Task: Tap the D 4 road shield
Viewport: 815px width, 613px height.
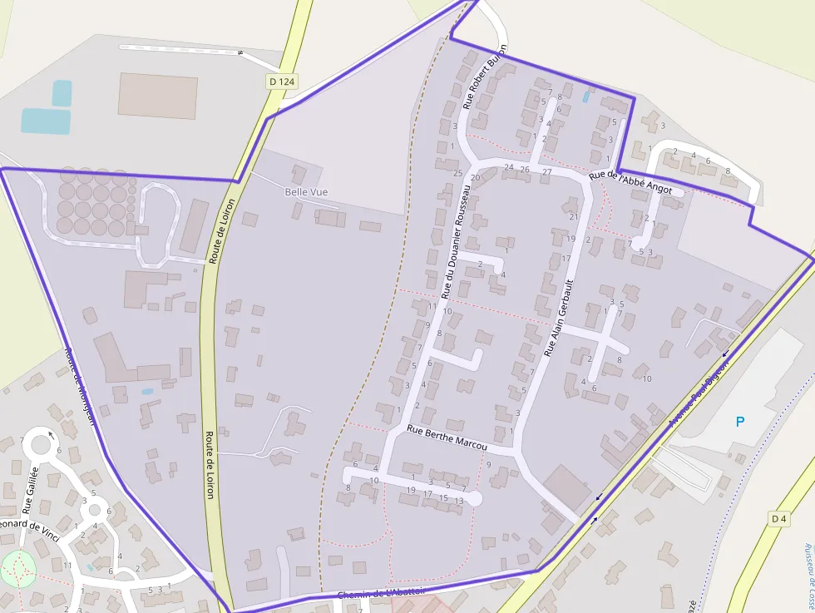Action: click(x=778, y=519)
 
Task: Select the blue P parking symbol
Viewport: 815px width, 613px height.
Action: click(x=739, y=422)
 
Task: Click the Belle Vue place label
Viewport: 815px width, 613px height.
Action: click(x=306, y=192)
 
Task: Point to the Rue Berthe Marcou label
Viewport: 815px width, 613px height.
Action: click(x=446, y=439)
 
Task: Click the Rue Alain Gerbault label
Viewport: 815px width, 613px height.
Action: click(x=559, y=319)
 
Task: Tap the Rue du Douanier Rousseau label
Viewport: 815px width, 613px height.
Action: click(x=457, y=241)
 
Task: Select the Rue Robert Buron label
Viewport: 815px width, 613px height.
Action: click(x=485, y=77)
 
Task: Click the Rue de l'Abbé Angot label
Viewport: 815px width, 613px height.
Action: click(x=630, y=183)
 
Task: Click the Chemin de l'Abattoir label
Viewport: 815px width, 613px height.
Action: click(x=381, y=593)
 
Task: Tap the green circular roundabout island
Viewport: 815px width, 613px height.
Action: click(x=18, y=568)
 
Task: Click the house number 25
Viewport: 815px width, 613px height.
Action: click(x=457, y=173)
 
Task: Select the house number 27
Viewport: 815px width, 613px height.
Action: click(x=546, y=171)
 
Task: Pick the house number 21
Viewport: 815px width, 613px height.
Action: click(x=573, y=216)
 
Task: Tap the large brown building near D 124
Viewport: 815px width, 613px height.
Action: click(x=157, y=96)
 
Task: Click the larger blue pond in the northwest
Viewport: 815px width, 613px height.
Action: click(x=45, y=121)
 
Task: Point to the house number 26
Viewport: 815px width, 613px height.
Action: click(x=524, y=170)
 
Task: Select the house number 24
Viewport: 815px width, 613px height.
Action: click(x=509, y=167)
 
